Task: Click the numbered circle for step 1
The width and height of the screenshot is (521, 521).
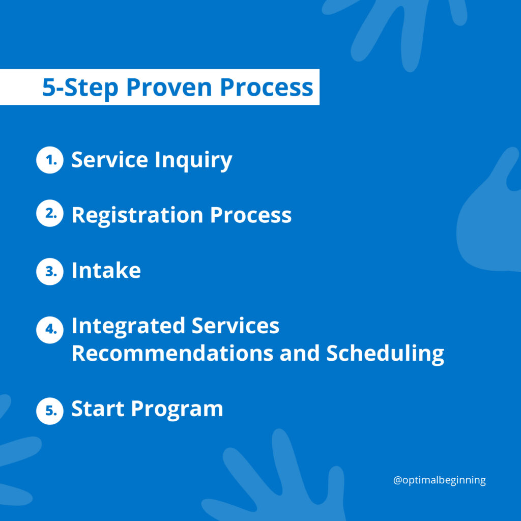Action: (50, 160)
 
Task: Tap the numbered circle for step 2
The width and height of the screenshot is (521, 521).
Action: (50, 213)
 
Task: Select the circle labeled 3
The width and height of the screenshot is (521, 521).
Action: (50, 272)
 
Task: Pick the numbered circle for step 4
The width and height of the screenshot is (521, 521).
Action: (50, 330)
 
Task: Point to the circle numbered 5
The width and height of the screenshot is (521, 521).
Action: (50, 411)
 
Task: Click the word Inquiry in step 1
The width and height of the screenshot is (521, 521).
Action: (193, 161)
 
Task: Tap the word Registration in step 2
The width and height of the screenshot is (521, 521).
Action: (137, 216)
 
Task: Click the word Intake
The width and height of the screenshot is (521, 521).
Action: (106, 270)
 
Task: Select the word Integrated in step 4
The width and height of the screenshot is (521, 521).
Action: (128, 326)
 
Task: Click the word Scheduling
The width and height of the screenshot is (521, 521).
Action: (385, 354)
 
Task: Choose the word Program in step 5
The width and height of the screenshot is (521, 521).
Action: (177, 410)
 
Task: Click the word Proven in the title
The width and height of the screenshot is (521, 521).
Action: (169, 88)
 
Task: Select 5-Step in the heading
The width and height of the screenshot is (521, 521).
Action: (80, 88)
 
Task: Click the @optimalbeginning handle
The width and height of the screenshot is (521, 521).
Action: (439, 480)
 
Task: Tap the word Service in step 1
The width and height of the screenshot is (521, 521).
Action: (110, 159)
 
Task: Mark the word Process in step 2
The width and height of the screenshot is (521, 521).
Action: (251, 215)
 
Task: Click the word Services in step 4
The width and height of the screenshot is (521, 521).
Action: (236, 325)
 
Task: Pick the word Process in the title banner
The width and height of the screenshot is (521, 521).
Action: (267, 88)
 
